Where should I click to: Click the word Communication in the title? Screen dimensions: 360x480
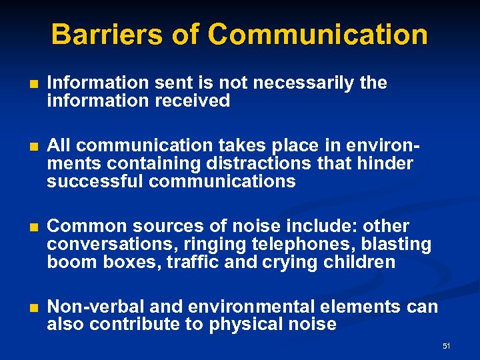tap(317, 34)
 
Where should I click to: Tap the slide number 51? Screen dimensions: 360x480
tap(446, 346)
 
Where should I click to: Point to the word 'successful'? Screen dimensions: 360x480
tap(96, 181)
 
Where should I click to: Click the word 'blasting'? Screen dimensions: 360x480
tap(399, 244)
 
